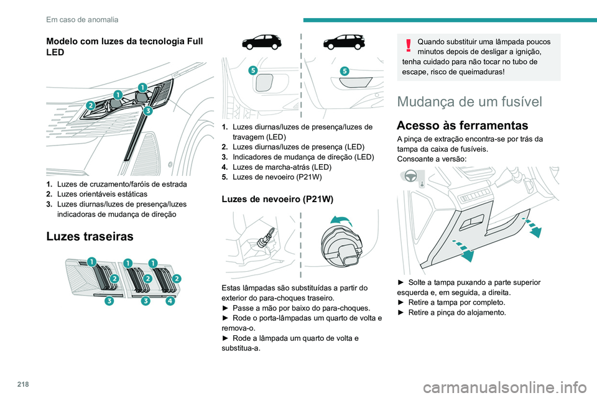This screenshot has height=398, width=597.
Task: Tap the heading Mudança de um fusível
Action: pyautogui.click(x=473, y=102)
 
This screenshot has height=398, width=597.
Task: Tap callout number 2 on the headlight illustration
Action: pyautogui.click(x=91, y=105)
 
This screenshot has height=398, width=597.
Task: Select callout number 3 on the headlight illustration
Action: pyautogui.click(x=148, y=111)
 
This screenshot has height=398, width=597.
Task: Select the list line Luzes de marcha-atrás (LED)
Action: pyautogui.click(x=276, y=167)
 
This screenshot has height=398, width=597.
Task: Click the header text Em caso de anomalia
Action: pyautogui.click(x=82, y=19)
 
